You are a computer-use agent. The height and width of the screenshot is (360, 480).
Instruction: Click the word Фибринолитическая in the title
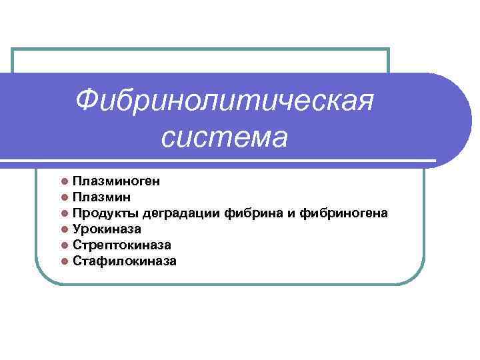(x=225, y=101)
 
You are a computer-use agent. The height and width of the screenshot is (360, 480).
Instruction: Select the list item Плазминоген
(x=116, y=181)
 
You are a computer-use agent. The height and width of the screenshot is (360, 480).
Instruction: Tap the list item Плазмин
(x=102, y=197)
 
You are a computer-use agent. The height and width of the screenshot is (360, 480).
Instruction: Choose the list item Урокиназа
(x=107, y=229)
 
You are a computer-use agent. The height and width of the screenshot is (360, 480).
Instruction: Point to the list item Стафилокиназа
(x=125, y=261)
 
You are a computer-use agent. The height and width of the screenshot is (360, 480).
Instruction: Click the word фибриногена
(x=344, y=213)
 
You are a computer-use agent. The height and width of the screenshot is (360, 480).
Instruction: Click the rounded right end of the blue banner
(x=457, y=120)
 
